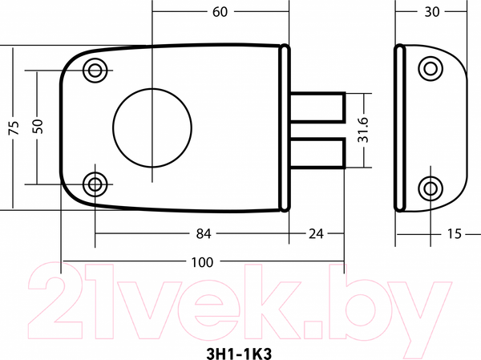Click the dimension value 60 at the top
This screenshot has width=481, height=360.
coord(220,12)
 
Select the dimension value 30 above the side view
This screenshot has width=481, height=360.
coord(431,12)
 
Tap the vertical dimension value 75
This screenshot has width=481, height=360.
coord(14,127)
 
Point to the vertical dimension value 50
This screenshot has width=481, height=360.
coord(38,126)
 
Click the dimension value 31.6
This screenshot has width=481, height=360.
coord(363,130)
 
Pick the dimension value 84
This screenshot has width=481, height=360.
coord(204,234)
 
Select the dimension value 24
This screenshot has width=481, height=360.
coord(316,234)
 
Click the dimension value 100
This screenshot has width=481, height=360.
coord(202,262)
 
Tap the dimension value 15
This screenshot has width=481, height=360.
coord(454,234)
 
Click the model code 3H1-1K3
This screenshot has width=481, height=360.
coord(239,354)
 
